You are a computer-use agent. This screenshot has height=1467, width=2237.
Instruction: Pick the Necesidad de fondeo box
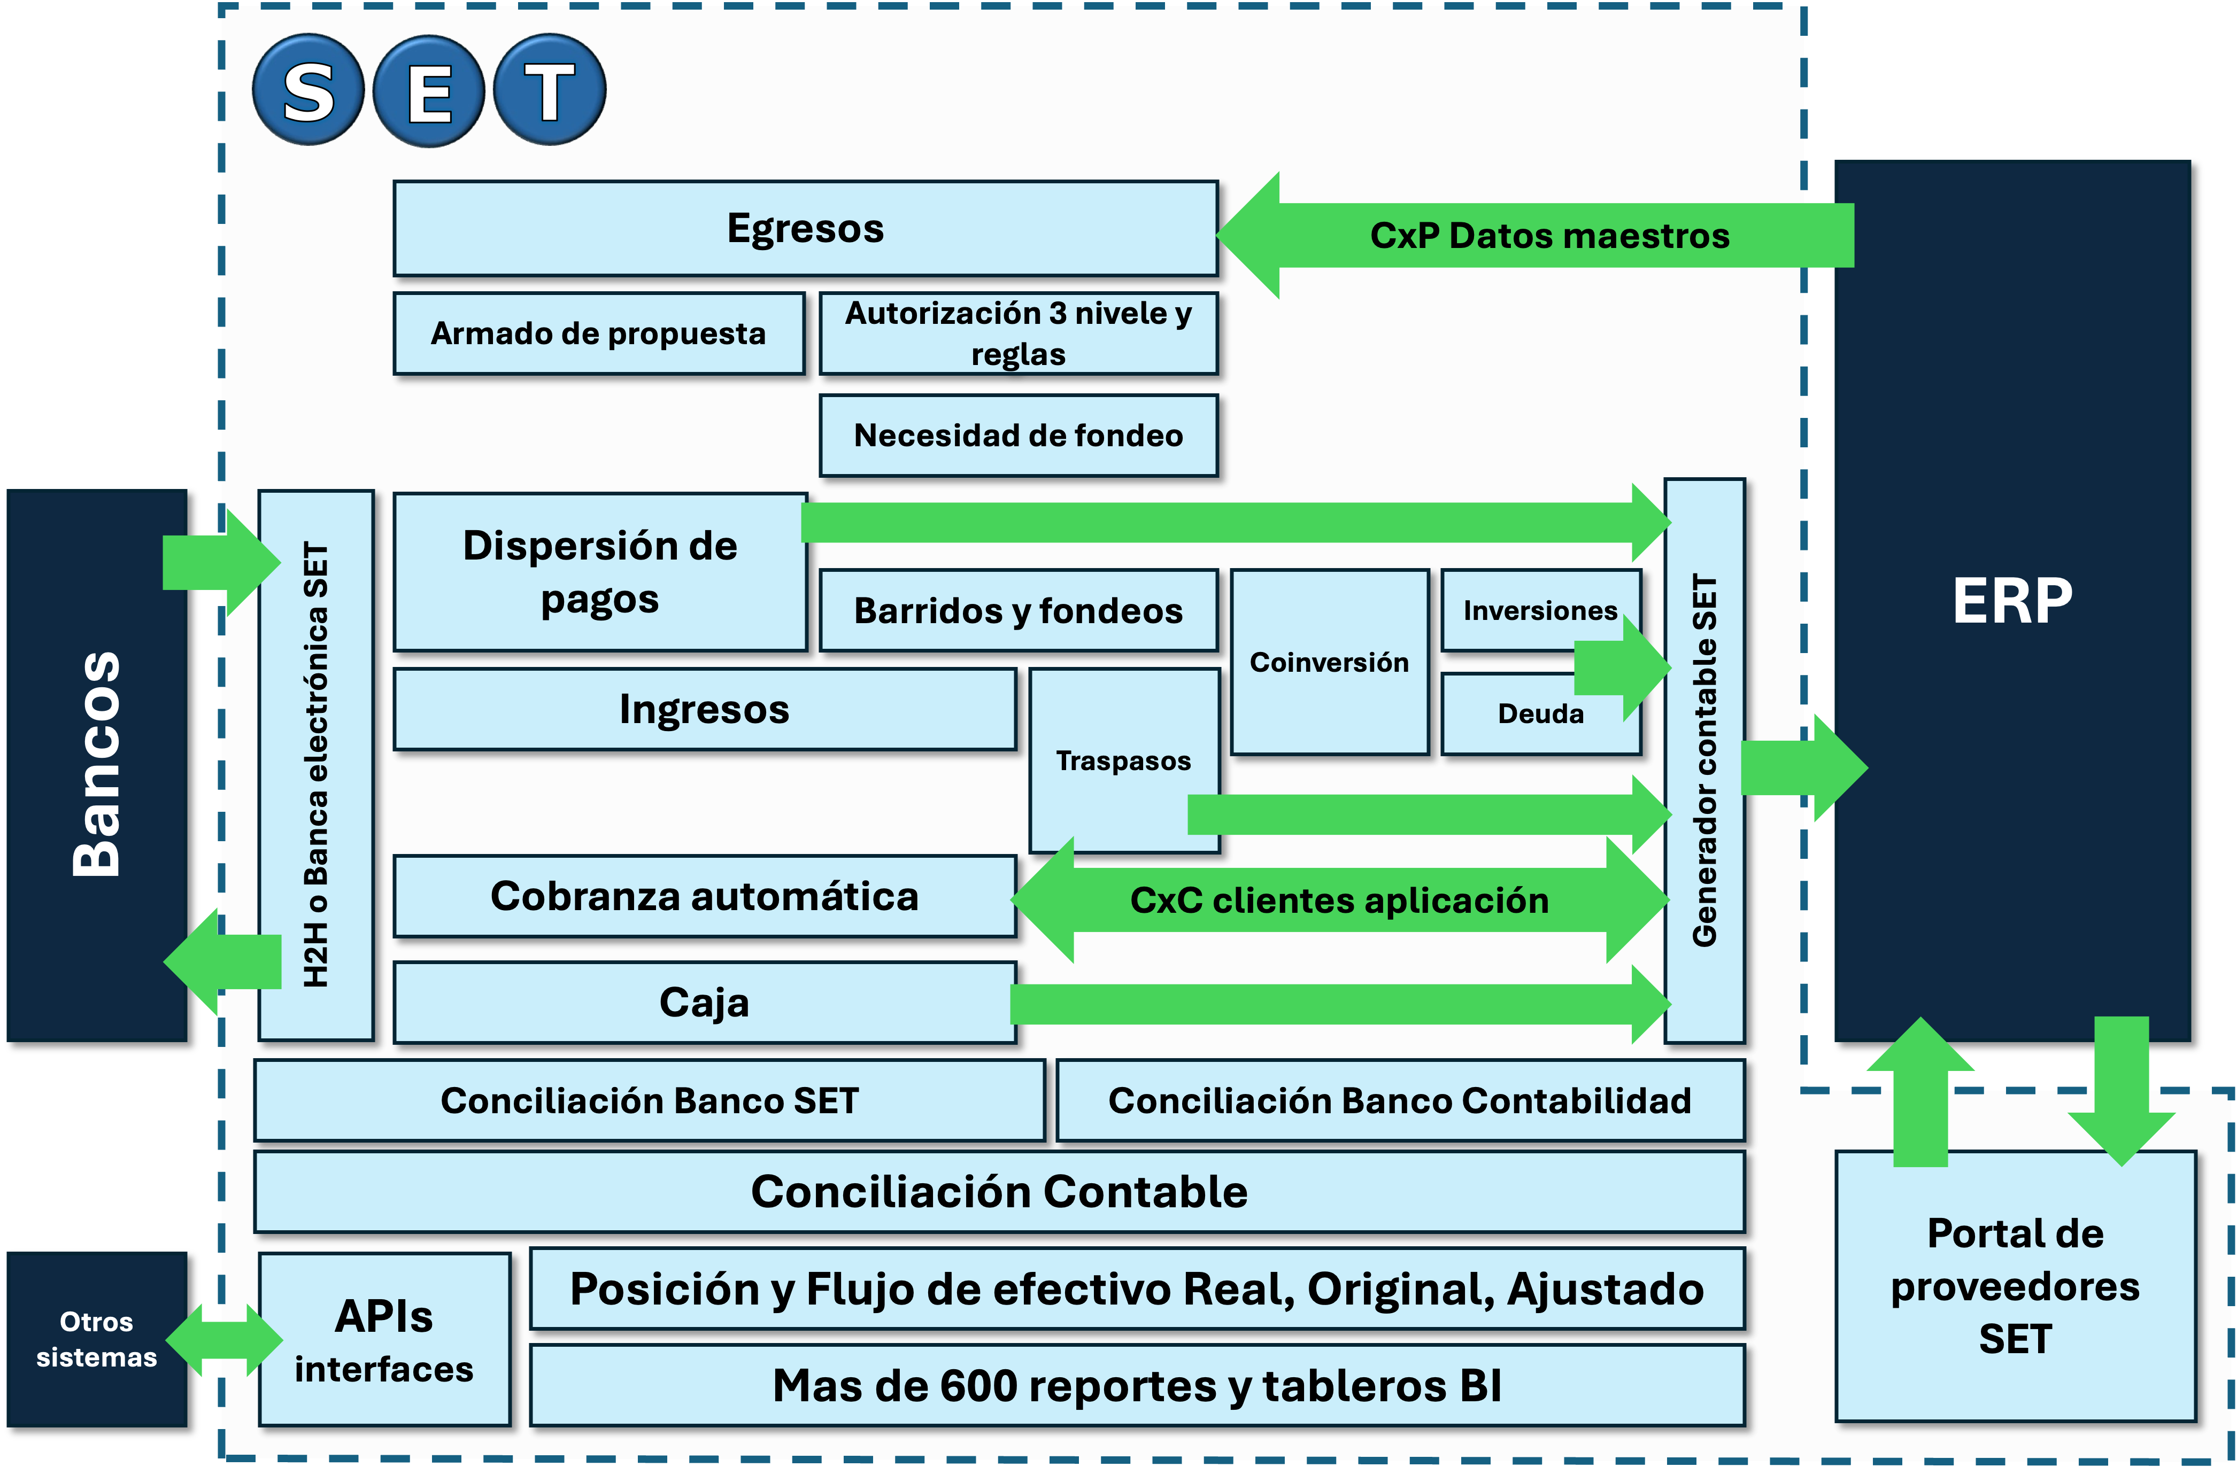[x=1018, y=435]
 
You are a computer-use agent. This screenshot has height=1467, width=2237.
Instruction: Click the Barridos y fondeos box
[x=1018, y=611]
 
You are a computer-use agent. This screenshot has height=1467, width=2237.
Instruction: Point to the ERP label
[x=2011, y=601]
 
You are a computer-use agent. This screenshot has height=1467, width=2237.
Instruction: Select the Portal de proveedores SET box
[x=2014, y=1286]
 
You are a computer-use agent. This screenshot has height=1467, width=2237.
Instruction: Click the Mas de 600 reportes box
[x=1136, y=1385]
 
